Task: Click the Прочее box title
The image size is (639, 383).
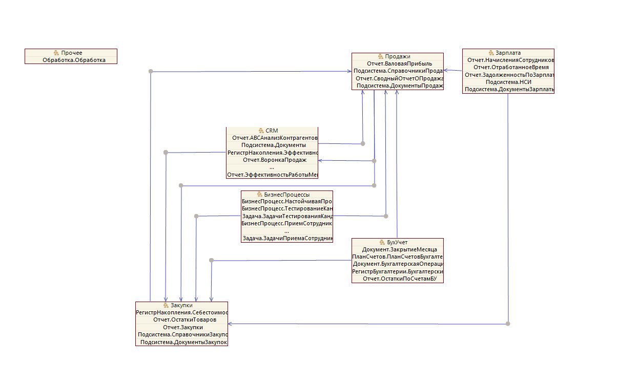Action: (71, 53)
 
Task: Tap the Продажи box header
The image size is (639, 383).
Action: (398, 56)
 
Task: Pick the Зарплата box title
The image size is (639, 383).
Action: (508, 53)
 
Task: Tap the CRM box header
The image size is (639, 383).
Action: (272, 131)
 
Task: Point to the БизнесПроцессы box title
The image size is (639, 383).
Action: (286, 195)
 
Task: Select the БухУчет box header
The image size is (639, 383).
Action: (397, 242)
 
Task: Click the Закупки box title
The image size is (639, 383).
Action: (181, 305)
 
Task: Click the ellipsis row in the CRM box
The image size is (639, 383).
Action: (272, 167)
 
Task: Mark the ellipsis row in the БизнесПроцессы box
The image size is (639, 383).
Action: (286, 231)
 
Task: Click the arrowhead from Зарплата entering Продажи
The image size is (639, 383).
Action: (446, 71)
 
